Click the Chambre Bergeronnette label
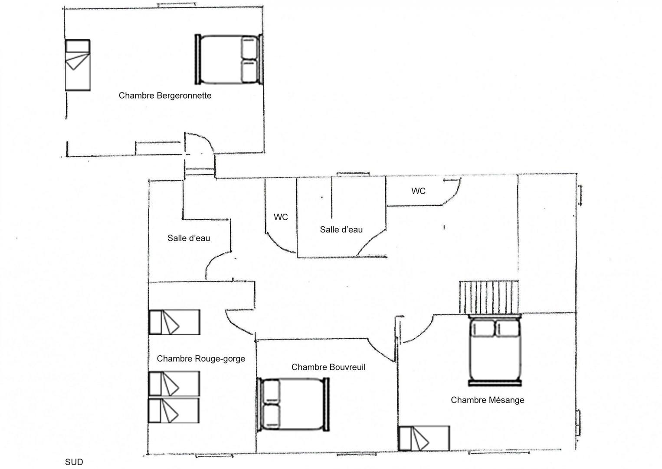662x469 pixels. click(x=165, y=96)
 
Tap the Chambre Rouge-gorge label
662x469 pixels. click(x=201, y=359)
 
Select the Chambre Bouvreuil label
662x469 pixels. click(x=328, y=367)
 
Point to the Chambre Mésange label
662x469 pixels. click(x=488, y=400)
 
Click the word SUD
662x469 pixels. click(x=74, y=462)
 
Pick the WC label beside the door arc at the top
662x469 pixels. click(x=419, y=191)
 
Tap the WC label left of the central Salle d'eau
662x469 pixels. click(x=281, y=217)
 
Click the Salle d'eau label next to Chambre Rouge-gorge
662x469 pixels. click(x=189, y=238)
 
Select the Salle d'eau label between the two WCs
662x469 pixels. click(x=341, y=230)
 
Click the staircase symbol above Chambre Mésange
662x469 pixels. click(x=489, y=297)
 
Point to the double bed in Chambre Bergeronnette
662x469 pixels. click(x=229, y=59)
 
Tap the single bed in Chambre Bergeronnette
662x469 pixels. click(x=78, y=65)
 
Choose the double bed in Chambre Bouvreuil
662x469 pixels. click(x=293, y=404)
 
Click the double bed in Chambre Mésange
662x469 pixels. click(x=495, y=351)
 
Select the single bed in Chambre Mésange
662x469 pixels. click(x=424, y=439)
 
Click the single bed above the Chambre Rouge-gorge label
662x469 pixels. click(x=174, y=322)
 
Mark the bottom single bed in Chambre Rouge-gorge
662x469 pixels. click(x=174, y=410)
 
